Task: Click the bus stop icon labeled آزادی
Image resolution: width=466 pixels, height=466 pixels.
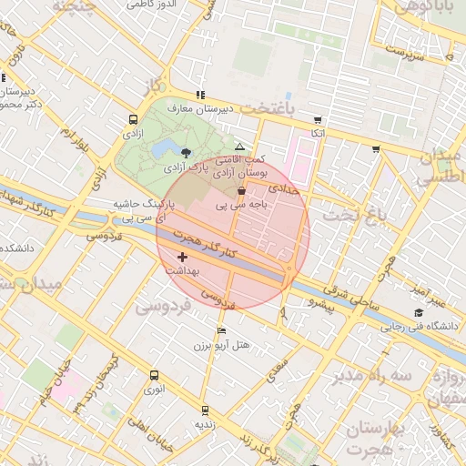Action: [x=135, y=119]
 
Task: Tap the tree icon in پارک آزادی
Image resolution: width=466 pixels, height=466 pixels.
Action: [x=186, y=153]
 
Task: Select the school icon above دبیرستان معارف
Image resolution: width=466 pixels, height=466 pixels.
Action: [x=200, y=95]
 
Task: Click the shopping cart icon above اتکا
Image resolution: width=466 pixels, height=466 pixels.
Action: [x=317, y=120]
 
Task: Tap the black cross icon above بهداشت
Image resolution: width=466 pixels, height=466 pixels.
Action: [x=183, y=258]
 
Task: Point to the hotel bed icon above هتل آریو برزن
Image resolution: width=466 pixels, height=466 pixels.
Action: [x=221, y=330]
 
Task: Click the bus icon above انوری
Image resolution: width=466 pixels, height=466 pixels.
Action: [x=153, y=375]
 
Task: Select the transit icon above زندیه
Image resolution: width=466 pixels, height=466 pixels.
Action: [x=205, y=410]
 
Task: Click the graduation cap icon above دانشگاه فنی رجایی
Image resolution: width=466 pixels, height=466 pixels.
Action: [x=419, y=313]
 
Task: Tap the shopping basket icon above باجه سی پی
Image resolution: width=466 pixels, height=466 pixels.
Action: [x=240, y=191]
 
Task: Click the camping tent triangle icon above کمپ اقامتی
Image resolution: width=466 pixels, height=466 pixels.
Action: [x=239, y=146]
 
